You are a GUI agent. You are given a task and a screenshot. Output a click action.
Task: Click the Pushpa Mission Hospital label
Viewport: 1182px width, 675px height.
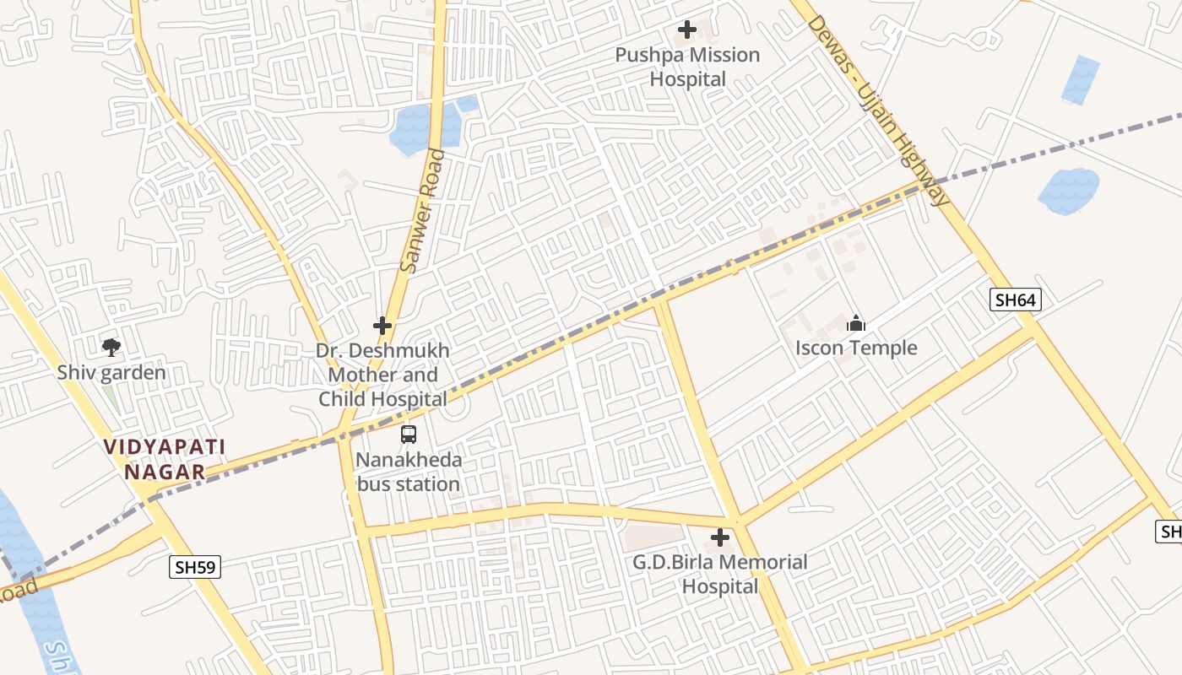(x=687, y=67)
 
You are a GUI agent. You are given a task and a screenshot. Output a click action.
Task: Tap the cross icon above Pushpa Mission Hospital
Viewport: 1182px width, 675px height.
(x=687, y=30)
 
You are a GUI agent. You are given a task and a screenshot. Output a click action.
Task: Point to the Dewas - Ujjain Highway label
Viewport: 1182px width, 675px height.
(x=878, y=110)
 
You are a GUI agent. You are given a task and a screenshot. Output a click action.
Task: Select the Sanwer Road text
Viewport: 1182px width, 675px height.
(x=421, y=211)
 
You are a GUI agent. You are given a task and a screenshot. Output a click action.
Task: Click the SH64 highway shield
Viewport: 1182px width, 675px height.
(x=1017, y=300)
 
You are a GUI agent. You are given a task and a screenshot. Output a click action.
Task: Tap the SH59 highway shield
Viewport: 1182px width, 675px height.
(x=197, y=567)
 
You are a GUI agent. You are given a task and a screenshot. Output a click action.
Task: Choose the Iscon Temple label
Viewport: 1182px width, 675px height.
(x=856, y=348)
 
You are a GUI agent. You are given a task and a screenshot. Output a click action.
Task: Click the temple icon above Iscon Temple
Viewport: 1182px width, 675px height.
(x=856, y=323)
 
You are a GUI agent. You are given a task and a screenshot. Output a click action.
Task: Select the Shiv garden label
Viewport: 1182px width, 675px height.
(x=111, y=372)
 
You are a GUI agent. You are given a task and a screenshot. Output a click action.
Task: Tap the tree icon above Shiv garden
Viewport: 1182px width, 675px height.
(x=111, y=347)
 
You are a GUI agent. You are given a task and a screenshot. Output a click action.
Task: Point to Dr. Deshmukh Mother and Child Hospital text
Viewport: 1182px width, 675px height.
(x=382, y=375)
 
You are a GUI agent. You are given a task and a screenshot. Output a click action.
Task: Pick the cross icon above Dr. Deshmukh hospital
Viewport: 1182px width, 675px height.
(x=382, y=326)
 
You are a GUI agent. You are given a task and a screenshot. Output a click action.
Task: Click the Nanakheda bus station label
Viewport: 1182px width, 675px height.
(x=409, y=472)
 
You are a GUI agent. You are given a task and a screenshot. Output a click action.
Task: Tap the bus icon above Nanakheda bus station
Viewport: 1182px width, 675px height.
(x=409, y=435)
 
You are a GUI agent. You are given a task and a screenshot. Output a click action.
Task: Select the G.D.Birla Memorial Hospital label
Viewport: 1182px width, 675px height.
(x=720, y=574)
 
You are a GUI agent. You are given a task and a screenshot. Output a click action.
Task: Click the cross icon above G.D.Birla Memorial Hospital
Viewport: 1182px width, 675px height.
(x=720, y=537)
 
